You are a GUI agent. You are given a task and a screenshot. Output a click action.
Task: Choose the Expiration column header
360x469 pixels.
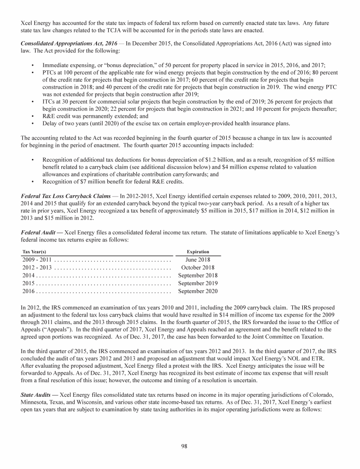[198, 252]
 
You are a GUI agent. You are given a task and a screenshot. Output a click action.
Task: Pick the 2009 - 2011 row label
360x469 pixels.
[37, 260]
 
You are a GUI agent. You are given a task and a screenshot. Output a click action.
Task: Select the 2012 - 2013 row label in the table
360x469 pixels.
[37, 268]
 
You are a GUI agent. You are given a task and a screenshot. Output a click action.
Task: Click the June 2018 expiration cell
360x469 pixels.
[198, 260]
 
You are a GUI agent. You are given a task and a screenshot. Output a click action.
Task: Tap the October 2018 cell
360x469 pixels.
[198, 268]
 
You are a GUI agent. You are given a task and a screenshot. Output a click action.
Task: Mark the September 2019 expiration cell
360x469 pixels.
[198, 283]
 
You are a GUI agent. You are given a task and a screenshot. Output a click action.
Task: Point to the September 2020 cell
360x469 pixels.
[198, 291]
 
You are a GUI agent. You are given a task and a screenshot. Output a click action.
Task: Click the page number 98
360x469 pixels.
[184, 446]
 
